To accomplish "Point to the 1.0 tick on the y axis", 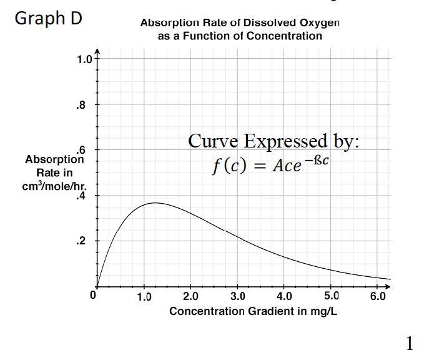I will (84, 60).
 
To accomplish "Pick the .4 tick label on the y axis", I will (79, 196).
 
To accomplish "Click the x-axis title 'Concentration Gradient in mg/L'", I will (253, 311).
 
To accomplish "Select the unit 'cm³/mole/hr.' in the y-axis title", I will (55, 186).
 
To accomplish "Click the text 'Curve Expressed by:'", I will (274, 142).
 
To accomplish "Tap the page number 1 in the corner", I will (410, 342).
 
